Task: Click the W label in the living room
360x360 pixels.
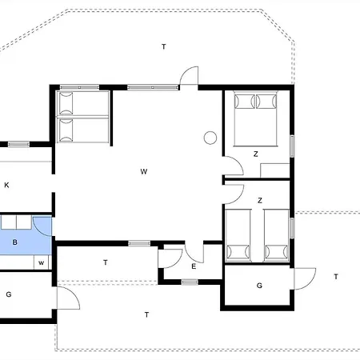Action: [143, 172]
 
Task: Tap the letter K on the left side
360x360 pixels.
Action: [6, 186]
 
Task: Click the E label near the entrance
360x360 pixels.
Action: [194, 266]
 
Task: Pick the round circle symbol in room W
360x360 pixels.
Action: [210, 138]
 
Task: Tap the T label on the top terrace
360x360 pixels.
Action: [163, 47]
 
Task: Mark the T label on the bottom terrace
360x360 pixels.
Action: [147, 314]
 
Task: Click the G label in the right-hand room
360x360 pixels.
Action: [259, 286]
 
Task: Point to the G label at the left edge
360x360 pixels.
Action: [8, 294]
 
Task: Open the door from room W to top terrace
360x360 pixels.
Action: [189, 77]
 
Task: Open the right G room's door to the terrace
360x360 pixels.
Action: [304, 279]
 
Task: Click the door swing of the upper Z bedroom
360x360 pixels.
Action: [234, 166]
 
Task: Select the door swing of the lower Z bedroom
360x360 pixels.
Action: [233, 192]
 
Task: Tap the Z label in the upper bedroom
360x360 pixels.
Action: [256, 154]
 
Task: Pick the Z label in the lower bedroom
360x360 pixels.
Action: [260, 200]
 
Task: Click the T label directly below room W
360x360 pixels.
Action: [106, 262]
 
